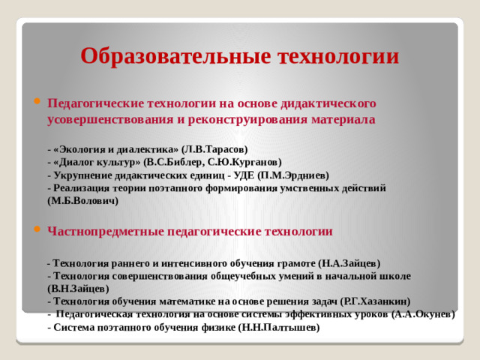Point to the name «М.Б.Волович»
[82, 201]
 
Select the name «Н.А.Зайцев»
[349, 263]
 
